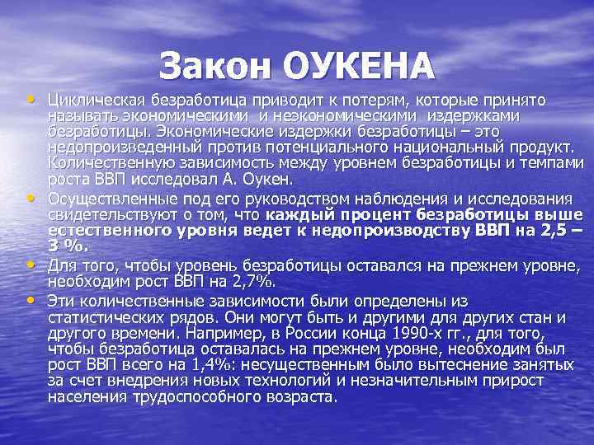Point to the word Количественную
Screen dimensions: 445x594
[x=101, y=163]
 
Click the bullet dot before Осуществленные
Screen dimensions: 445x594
[x=32, y=199]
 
